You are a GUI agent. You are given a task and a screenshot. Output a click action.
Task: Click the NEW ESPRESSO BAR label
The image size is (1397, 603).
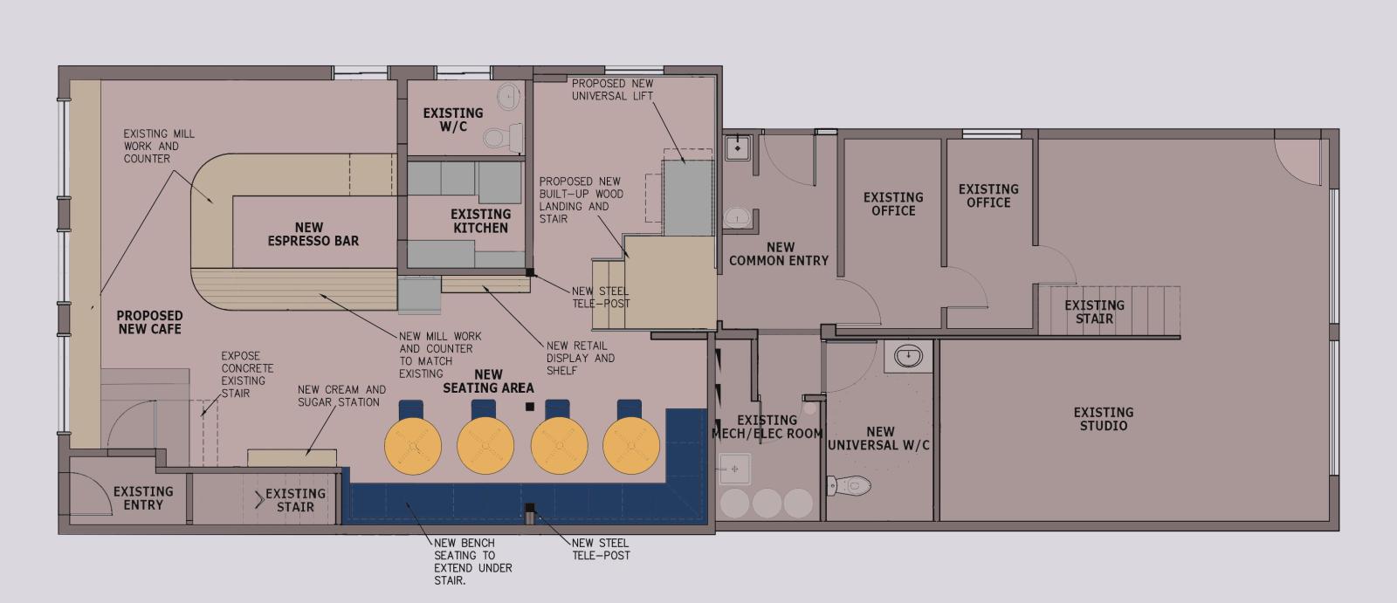[313, 234]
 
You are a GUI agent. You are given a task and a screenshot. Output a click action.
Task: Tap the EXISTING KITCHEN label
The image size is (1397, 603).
[480, 221]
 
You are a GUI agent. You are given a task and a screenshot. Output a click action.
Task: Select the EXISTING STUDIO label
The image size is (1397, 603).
[1103, 419]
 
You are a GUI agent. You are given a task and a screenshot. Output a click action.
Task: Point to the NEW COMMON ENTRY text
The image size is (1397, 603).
[779, 254]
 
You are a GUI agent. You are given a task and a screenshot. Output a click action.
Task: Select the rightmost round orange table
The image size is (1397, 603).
[630, 445]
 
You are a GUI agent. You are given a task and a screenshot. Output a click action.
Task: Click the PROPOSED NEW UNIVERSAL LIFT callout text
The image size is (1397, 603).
[612, 90]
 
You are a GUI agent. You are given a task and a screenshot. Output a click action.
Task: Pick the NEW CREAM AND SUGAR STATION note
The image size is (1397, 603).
[341, 396]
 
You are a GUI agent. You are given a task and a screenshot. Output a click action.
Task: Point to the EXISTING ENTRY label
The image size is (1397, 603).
[143, 498]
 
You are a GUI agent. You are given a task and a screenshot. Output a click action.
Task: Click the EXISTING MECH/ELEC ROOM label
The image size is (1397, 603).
[767, 427]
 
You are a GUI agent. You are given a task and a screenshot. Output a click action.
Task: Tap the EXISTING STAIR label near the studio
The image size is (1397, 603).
[1093, 312]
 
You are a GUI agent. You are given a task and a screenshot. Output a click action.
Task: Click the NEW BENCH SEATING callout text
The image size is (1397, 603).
[472, 561]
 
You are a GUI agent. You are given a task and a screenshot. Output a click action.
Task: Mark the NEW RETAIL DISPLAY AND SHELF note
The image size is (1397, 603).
[580, 358]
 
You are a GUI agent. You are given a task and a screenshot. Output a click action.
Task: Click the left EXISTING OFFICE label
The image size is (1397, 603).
[892, 204]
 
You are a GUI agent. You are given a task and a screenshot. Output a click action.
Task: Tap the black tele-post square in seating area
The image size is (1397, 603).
[529, 407]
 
